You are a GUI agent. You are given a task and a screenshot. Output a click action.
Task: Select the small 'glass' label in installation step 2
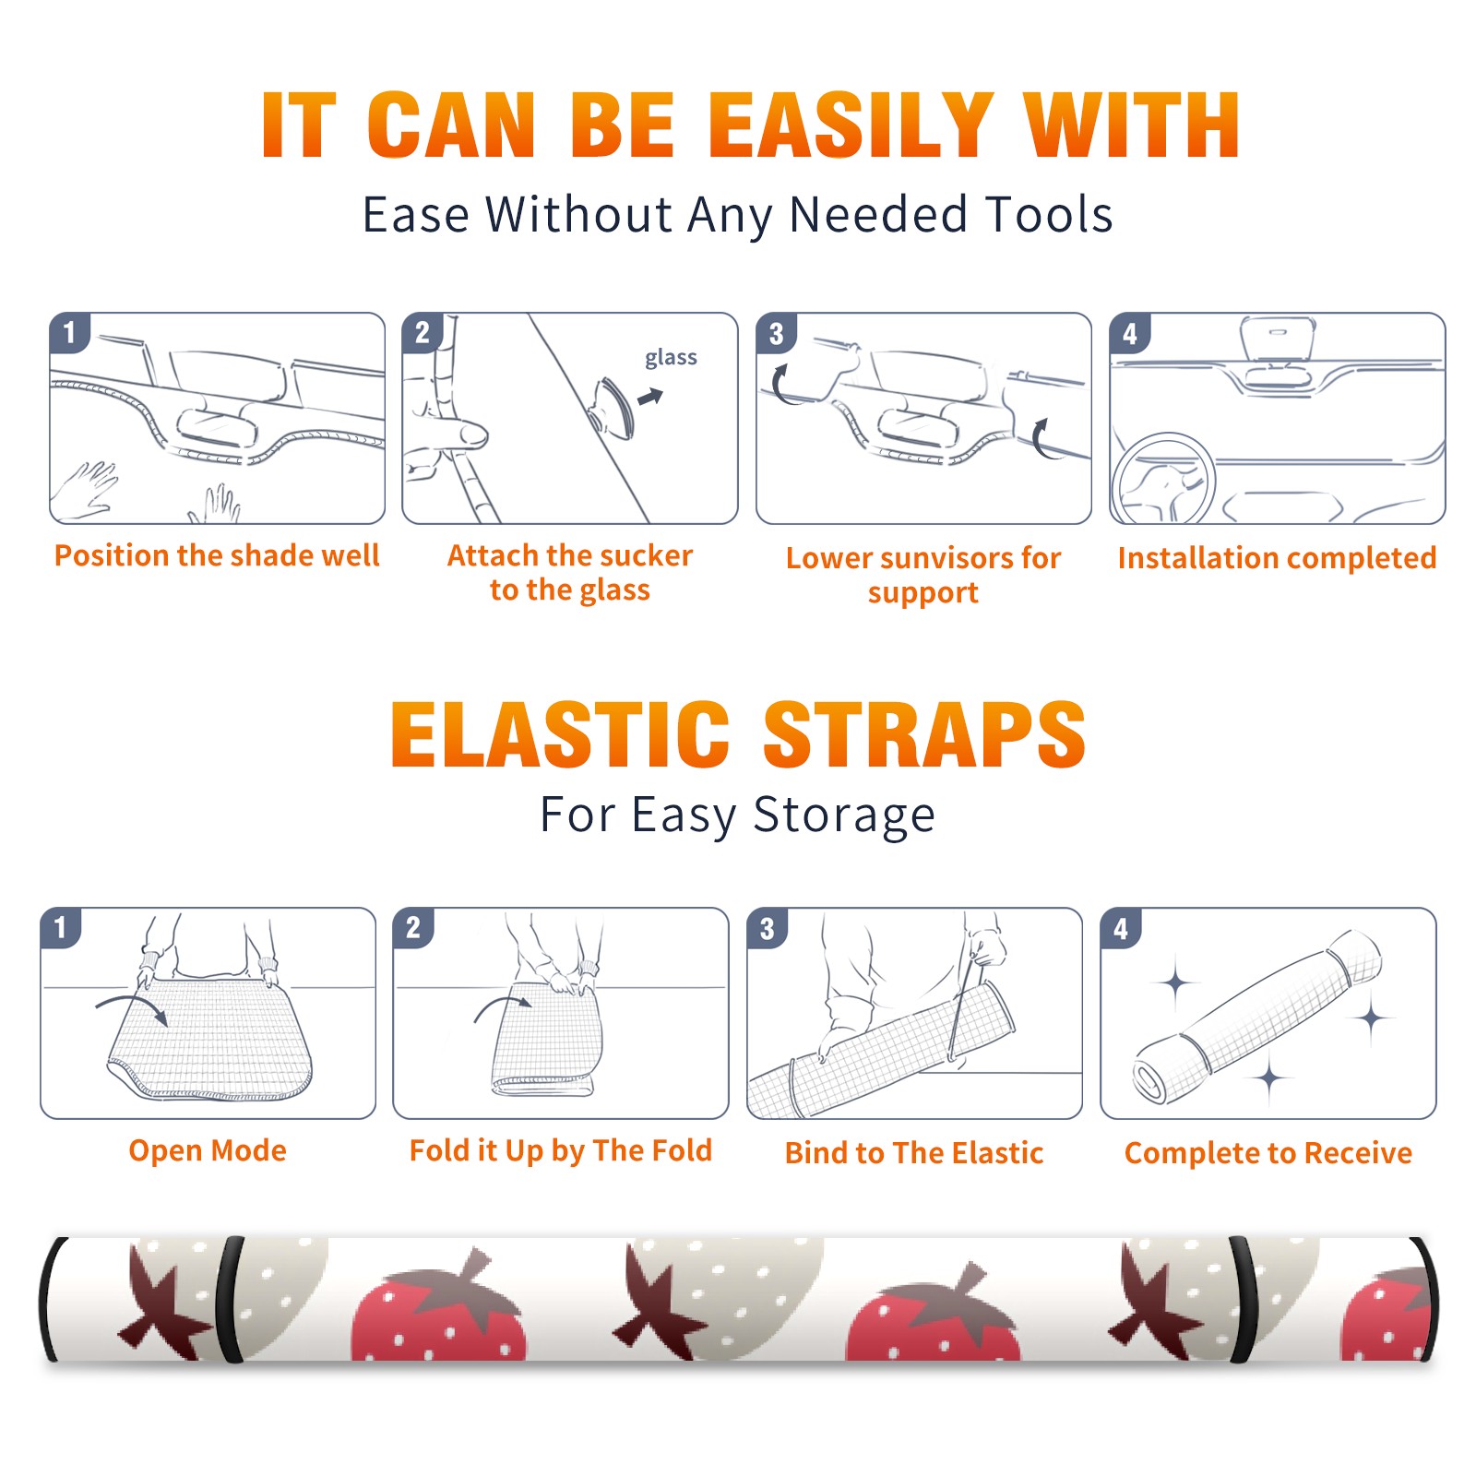pyautogui.click(x=671, y=357)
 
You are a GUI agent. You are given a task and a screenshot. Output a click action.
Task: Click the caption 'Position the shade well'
pyautogui.click(x=217, y=555)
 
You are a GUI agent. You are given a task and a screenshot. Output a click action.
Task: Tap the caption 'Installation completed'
pyautogui.click(x=1277, y=558)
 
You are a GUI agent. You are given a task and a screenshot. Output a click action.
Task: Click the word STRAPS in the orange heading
pyautogui.click(x=924, y=734)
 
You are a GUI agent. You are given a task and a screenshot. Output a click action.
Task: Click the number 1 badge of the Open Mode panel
pyautogui.click(x=62, y=927)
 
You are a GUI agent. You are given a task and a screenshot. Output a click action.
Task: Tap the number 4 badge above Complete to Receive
pyautogui.click(x=1122, y=928)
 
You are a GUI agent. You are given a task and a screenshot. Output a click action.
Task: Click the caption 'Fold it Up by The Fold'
pyautogui.click(x=561, y=1150)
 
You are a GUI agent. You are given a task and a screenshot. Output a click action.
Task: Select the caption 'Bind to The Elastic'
pyautogui.click(x=914, y=1153)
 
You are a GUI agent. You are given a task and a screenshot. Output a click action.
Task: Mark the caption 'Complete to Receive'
pyautogui.click(x=1268, y=1153)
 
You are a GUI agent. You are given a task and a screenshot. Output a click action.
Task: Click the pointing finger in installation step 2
pyautogui.click(x=457, y=434)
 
